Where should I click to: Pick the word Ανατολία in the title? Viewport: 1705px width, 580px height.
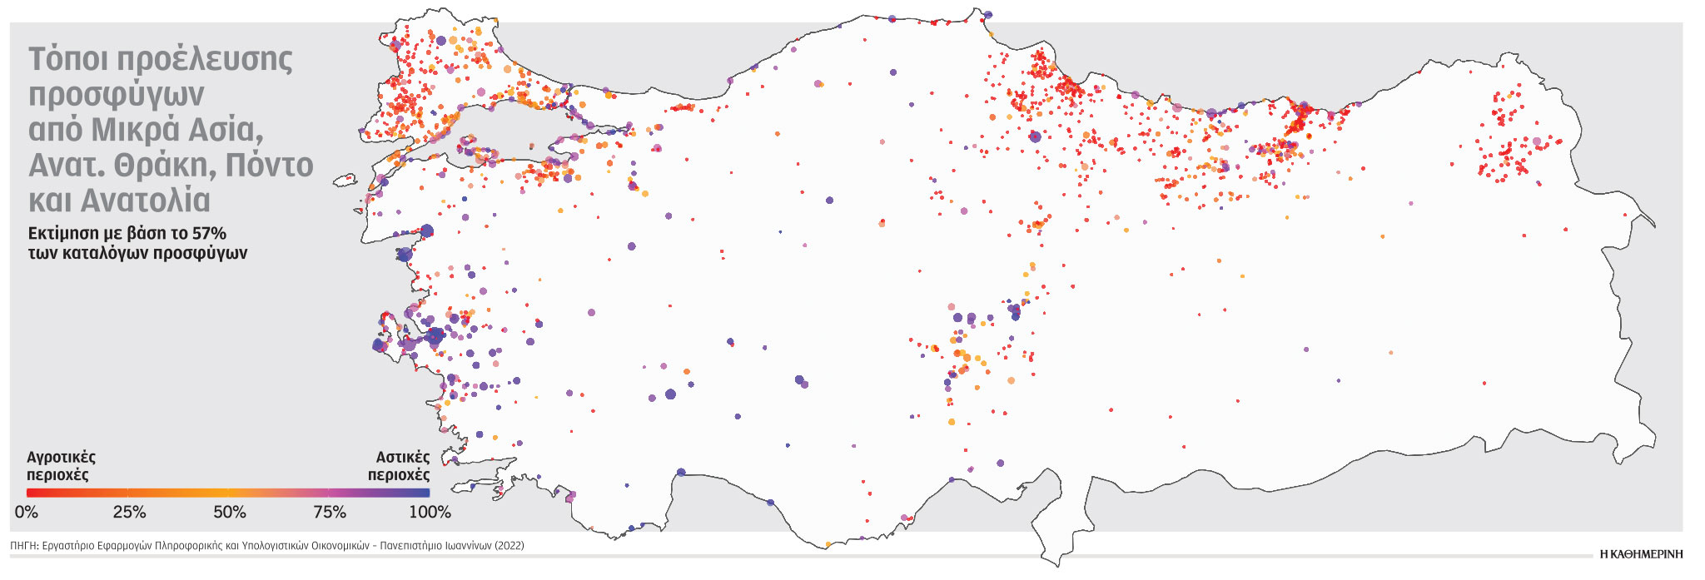tap(146, 201)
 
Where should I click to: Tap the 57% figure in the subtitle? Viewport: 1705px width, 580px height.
tap(209, 233)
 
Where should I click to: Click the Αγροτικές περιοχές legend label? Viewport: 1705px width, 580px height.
tap(61, 466)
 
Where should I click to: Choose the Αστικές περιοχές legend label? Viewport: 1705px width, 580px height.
tap(400, 466)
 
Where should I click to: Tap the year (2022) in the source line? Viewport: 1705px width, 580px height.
tap(509, 546)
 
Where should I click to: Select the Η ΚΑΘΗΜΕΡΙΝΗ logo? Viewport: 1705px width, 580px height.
tap(1641, 553)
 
